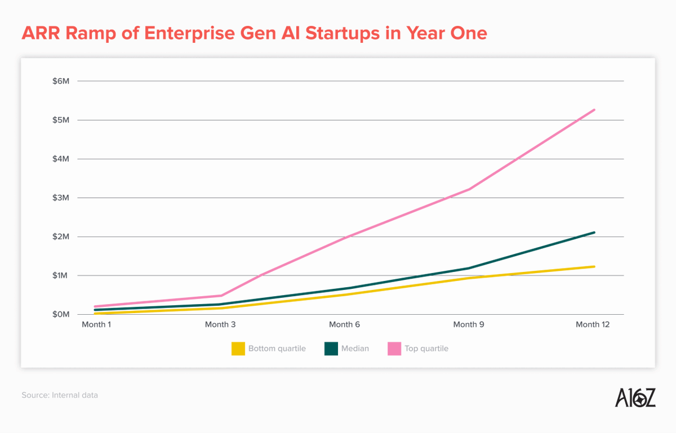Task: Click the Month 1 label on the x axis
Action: point(96,324)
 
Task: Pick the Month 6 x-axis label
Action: point(344,324)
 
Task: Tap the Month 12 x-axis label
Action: point(593,324)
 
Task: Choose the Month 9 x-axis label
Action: point(469,324)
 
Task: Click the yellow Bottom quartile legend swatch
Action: point(238,349)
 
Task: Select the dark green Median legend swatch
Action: point(331,349)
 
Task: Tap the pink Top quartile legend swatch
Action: point(394,349)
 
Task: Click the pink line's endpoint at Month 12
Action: point(594,110)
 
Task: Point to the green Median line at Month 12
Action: point(594,233)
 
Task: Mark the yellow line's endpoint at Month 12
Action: point(594,266)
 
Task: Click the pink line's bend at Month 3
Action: point(221,296)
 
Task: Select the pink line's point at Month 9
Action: point(469,189)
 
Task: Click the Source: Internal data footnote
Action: point(60,395)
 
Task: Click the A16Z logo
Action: point(635,397)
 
